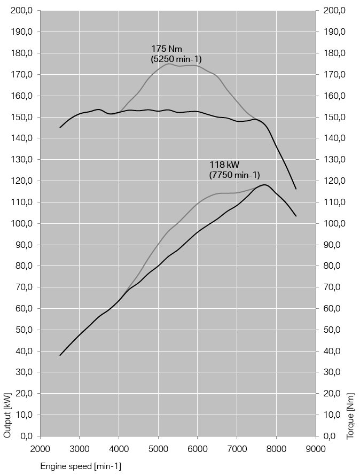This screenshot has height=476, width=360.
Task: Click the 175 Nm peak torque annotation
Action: tap(167, 49)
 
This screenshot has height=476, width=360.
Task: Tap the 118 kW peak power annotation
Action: tap(224, 165)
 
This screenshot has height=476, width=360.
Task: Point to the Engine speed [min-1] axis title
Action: tap(81, 466)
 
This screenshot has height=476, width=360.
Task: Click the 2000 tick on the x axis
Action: tap(40, 448)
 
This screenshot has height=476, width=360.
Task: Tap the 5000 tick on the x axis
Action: tap(158, 448)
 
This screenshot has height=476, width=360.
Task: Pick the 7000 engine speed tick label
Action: tap(237, 448)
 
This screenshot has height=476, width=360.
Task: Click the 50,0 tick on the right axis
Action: tap(335, 330)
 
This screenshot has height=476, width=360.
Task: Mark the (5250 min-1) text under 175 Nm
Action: tap(176, 59)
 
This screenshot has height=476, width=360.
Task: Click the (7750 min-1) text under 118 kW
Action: tap(234, 175)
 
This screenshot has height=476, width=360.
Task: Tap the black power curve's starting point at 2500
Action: tap(60, 355)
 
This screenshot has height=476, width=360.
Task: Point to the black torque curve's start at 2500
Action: tap(60, 128)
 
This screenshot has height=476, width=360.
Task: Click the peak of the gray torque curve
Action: tap(169, 64)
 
